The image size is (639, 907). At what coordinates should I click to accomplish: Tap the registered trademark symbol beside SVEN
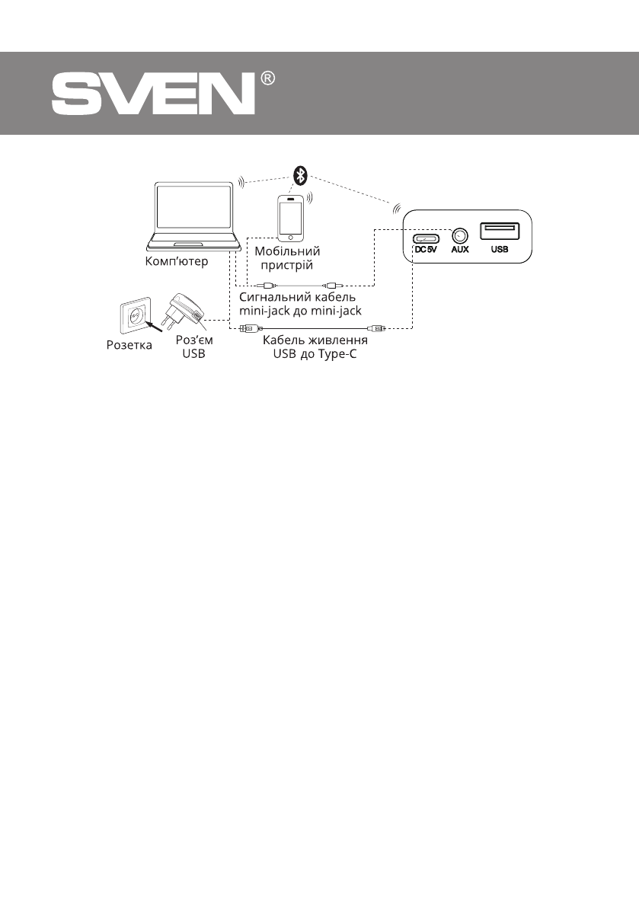pos(267,79)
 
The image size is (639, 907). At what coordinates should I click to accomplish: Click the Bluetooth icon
pos(301,175)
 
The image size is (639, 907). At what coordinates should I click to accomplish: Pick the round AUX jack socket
pos(459,236)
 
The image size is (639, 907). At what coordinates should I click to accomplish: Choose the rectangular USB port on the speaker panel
pos(500,232)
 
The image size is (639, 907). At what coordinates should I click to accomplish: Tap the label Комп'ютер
pos(176,261)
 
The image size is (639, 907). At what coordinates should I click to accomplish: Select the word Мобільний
pos(287,251)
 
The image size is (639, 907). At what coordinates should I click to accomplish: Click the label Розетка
pos(129,345)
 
